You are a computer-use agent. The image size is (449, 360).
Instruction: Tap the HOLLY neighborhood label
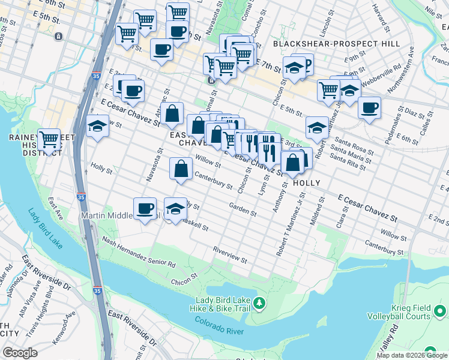(306, 182)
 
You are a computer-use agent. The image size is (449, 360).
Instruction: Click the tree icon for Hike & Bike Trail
(259, 302)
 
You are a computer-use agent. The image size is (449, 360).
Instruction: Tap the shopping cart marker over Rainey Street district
(49, 140)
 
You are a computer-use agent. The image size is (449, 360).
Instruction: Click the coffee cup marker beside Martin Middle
(145, 209)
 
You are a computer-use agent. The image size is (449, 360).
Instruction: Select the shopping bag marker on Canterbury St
(181, 169)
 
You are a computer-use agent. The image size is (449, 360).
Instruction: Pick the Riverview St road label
(230, 255)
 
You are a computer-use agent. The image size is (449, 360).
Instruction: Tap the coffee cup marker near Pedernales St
(370, 109)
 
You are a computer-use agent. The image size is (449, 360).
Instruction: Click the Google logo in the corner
(20, 353)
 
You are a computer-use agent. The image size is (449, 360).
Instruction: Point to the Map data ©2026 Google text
(411, 355)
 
